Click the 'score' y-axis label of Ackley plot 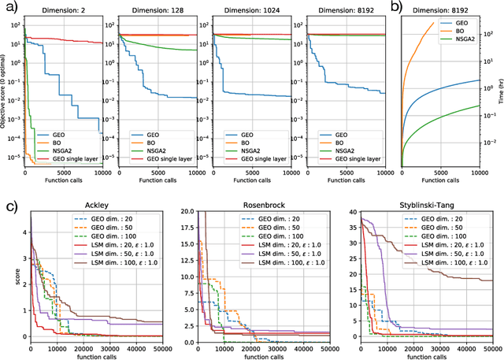(6, 275)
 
